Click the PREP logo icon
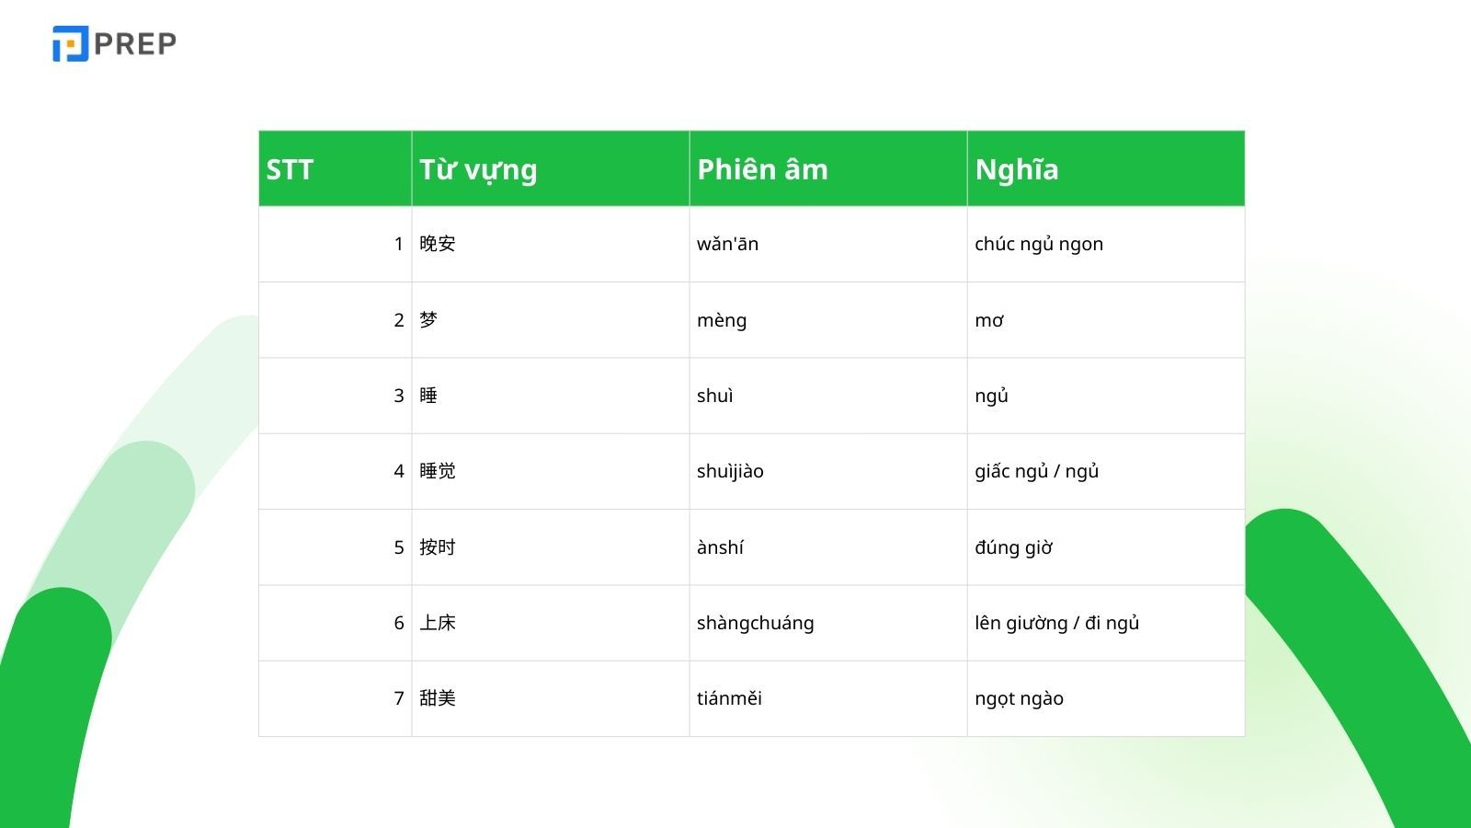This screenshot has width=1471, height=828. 70,43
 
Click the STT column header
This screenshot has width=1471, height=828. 290,169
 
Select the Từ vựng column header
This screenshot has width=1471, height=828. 478,169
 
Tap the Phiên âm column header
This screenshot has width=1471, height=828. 762,169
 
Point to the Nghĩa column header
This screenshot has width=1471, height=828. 1017,169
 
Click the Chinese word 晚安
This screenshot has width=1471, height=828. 438,244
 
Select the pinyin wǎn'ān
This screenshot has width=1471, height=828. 727,244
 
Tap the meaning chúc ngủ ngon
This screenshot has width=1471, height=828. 1039,244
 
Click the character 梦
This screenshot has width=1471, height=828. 428,320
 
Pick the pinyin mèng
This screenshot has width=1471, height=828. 722,321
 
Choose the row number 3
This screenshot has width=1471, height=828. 399,396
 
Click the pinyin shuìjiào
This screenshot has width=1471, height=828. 730,471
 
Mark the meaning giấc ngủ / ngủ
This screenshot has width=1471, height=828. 1037,471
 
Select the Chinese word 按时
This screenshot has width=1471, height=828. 438,547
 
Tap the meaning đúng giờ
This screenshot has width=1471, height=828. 1014,547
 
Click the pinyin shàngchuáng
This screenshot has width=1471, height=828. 755,623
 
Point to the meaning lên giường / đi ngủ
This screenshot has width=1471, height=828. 1056,623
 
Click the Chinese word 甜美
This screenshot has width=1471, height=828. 438,698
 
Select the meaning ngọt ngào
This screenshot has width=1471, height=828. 1020,698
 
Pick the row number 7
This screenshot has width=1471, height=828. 399,698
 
